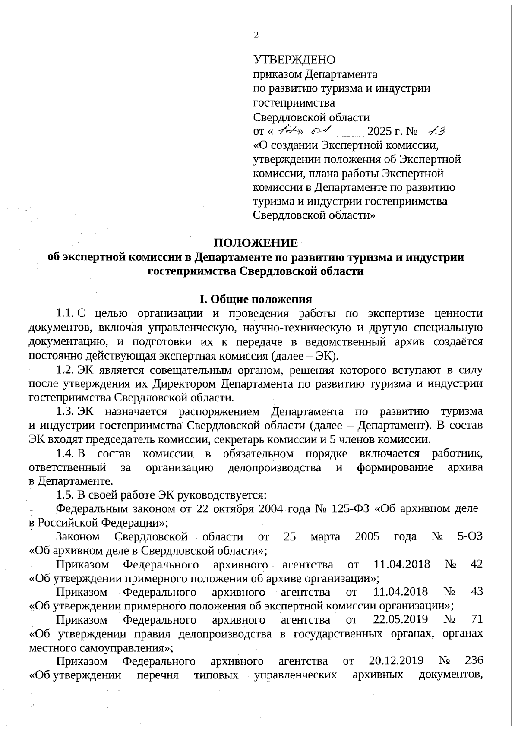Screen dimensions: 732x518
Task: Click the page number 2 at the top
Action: (x=256, y=35)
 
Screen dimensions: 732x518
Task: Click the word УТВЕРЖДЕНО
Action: (x=294, y=60)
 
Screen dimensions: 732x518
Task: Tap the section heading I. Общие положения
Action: (x=255, y=299)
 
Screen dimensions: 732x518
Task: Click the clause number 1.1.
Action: (x=65, y=313)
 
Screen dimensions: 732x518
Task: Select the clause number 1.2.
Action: (x=65, y=370)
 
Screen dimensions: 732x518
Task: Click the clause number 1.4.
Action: (x=65, y=454)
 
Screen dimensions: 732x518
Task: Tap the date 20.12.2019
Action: (x=396, y=661)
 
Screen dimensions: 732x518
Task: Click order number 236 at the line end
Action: (x=474, y=661)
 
